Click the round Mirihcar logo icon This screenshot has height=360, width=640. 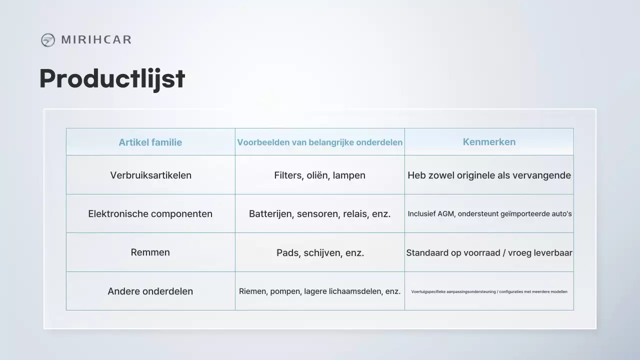pos(48,40)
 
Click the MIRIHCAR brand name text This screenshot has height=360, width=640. pos(96,40)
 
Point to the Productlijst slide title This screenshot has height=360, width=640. pos(112,78)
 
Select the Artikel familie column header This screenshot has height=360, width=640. pos(150,142)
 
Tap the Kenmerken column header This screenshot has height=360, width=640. pos(489,142)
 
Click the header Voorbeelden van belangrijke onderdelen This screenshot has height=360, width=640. pos(319,142)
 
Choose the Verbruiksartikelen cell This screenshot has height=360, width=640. pos(150,175)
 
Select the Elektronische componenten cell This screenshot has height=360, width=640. pos(150,214)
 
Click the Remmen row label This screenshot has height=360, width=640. pos(150,252)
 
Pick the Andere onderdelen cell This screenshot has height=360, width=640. pos(150,291)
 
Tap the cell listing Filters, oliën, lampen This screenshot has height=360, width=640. pos(319,175)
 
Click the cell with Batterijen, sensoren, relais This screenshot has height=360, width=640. pos(319,214)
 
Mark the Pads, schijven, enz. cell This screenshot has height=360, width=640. pos(320,253)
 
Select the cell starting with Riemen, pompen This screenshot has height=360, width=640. pos(319,291)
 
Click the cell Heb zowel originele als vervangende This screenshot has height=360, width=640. pos(489,175)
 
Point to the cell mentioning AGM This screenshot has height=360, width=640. pos(489,214)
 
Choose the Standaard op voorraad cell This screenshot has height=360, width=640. pos(489,253)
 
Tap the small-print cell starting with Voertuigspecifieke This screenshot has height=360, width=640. pos(489,291)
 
